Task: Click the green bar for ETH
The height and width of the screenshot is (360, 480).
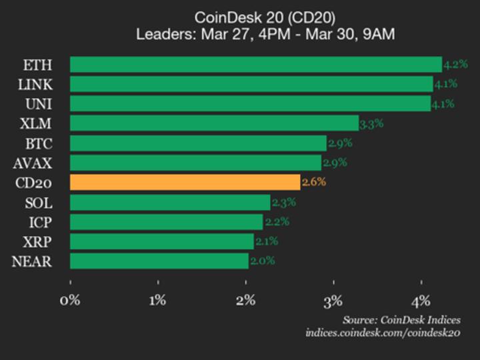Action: (x=255, y=65)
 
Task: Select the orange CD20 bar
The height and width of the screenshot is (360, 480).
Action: (x=185, y=183)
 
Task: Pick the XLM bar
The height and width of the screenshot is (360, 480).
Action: (x=214, y=123)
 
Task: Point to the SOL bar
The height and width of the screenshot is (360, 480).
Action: (x=170, y=202)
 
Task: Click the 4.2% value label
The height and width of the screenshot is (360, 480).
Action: (x=455, y=65)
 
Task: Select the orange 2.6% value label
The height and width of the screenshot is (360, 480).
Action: (x=314, y=182)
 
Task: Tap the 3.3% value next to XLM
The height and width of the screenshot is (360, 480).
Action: (x=372, y=123)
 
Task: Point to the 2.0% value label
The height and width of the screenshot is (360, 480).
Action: (x=263, y=261)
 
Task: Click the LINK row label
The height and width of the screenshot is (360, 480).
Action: (x=37, y=85)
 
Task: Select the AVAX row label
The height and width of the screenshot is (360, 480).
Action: (x=33, y=163)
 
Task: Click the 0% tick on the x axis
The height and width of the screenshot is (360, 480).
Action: (x=70, y=300)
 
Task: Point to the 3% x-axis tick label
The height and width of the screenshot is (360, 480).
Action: (x=333, y=300)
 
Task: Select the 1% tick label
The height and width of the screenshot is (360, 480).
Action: (x=158, y=300)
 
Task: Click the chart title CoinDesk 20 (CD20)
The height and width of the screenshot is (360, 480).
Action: (x=265, y=17)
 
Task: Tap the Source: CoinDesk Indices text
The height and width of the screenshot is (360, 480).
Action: (x=402, y=320)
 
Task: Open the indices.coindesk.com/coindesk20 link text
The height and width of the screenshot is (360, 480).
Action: (x=383, y=333)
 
